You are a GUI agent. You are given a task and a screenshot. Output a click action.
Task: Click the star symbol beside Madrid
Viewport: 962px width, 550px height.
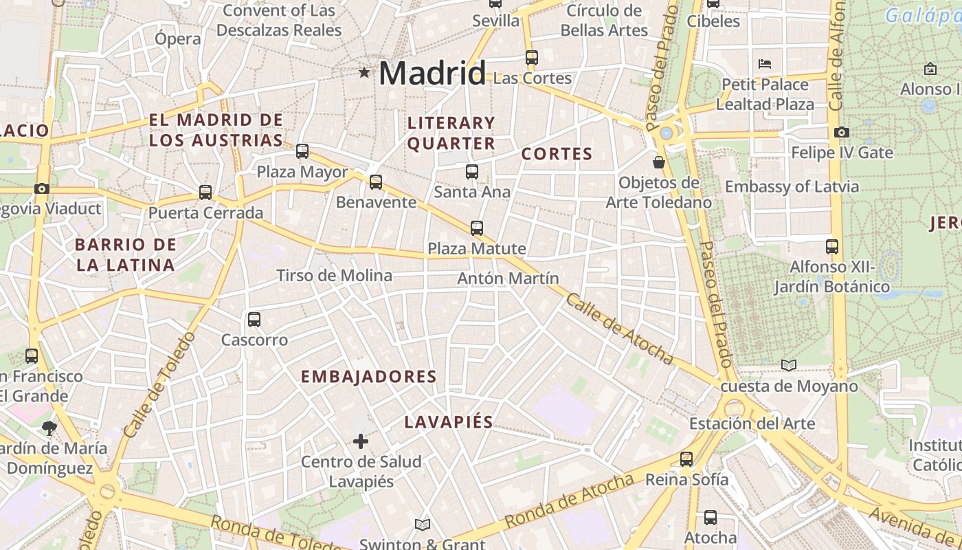364,72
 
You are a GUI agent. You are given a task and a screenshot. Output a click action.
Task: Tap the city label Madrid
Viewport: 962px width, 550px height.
432,73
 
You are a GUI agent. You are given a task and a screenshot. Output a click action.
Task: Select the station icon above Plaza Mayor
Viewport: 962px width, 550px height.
302,151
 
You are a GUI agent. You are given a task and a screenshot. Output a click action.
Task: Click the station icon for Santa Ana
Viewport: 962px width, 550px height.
472,172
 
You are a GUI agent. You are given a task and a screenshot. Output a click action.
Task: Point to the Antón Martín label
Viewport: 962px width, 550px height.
508,278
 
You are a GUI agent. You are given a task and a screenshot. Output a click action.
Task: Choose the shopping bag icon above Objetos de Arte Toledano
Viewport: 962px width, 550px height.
659,162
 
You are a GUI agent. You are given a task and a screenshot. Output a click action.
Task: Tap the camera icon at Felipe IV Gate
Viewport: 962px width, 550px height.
841,132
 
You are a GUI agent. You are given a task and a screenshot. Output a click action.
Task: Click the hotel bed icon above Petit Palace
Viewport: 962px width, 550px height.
765,64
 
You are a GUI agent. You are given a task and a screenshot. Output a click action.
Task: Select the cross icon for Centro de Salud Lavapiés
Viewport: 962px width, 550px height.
361,441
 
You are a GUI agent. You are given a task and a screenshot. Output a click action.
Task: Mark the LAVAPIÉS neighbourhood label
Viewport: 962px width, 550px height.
449,422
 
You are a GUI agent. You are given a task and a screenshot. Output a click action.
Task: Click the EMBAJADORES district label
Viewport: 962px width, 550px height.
369,377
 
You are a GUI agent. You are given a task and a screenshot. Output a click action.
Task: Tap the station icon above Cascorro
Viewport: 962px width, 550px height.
254,319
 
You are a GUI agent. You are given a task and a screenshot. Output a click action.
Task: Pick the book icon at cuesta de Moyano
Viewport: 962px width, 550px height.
789,365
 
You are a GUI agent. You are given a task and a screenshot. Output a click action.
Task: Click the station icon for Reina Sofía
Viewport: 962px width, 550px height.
686,459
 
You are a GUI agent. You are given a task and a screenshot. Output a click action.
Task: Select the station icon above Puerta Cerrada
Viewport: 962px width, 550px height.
205,192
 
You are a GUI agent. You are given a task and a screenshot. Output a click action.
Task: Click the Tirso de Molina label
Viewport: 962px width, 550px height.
334,276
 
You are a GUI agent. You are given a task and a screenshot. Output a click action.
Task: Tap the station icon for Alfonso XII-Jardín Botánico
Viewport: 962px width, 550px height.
832,246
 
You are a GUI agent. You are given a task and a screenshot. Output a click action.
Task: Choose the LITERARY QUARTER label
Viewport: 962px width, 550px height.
451,133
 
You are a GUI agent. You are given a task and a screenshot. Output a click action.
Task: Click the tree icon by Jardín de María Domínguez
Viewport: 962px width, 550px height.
49,428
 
